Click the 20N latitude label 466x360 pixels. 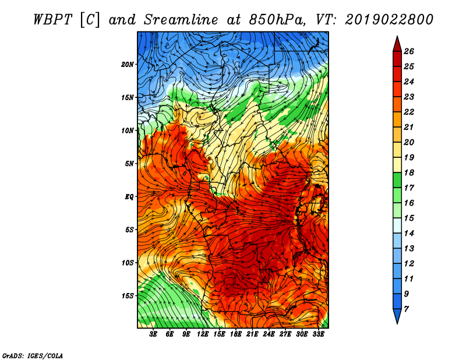coord(128,64)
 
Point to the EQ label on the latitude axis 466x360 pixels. coord(129,196)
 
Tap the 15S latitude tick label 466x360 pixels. coord(128,296)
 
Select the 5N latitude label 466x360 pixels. coord(129,164)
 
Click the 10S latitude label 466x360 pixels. coord(128,263)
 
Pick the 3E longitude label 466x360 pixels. coord(153,334)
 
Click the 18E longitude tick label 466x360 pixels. coord(236,334)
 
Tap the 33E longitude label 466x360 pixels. coord(318,334)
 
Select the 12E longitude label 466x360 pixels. coord(203,334)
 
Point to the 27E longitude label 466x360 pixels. coord(285,334)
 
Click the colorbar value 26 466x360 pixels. coord(409,51)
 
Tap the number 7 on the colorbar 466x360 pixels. coord(407,309)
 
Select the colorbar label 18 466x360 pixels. coord(409,172)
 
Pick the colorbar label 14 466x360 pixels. coord(409,234)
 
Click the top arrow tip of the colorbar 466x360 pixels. coord(397,36)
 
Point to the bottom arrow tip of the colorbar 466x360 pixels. coord(397,323)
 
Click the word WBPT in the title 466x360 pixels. coord(52,20)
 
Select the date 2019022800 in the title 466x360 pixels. coord(389,20)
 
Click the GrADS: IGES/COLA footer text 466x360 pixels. coord(33,356)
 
